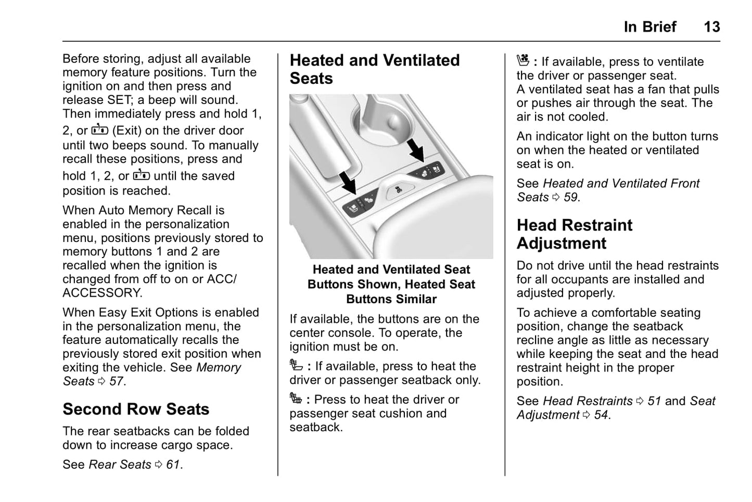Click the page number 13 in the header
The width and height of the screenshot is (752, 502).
tap(711, 27)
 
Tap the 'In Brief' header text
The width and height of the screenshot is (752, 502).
tap(649, 27)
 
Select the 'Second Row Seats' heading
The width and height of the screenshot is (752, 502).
tap(136, 409)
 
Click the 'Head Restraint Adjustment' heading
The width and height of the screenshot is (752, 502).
tap(574, 234)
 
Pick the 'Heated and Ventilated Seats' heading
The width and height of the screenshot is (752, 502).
tap(374, 69)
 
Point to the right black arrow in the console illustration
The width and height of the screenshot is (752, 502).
tap(416, 149)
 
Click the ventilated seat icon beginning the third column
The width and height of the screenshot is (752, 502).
tap(522, 61)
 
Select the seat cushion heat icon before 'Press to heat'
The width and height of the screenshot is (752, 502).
tap(296, 399)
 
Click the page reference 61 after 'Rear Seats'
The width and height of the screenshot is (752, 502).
tap(173, 465)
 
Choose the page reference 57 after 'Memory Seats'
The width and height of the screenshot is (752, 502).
tap(117, 381)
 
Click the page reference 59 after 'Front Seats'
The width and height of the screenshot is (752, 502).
tap(570, 197)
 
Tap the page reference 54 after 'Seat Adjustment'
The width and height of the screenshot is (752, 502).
tap(601, 415)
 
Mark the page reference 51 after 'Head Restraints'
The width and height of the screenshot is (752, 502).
tap(654, 401)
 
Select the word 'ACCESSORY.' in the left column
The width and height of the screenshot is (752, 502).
tap(102, 293)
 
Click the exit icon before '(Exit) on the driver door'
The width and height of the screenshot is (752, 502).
tap(99, 130)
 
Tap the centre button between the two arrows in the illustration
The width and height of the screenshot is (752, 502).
tap(397, 190)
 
